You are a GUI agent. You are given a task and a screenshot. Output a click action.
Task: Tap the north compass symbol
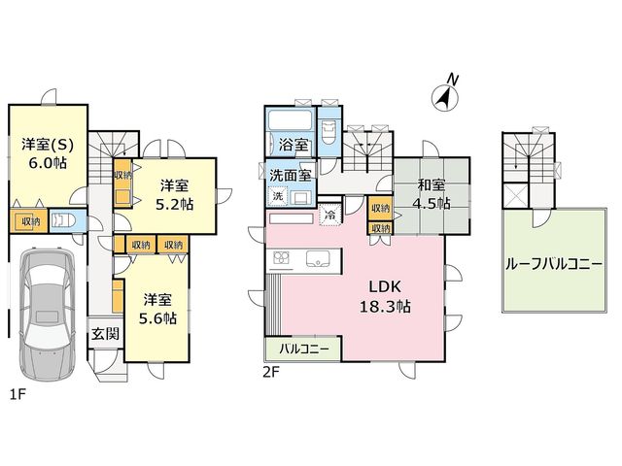point(445,94)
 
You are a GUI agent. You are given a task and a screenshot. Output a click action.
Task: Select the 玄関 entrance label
point(106,334)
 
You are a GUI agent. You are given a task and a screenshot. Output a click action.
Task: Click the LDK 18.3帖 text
point(385,296)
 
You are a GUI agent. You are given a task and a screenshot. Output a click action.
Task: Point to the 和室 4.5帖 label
point(432,194)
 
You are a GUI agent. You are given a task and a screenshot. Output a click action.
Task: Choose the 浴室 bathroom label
point(294,145)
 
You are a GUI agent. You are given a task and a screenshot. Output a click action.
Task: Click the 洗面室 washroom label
point(291,175)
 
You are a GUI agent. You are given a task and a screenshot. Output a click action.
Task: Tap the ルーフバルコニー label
point(554,264)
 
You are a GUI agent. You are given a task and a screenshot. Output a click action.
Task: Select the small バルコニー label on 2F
point(304,349)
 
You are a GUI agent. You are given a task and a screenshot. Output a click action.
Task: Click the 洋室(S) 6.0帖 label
point(48,153)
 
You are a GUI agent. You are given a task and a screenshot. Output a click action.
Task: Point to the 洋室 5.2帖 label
point(175,194)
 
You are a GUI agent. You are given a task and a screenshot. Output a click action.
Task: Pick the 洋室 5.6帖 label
point(157,309)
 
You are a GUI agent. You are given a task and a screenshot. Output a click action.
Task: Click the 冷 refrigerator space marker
point(329,215)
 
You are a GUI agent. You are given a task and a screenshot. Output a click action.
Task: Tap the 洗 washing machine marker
point(278,196)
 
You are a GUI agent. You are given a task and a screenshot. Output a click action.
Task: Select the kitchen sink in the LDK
point(318,259)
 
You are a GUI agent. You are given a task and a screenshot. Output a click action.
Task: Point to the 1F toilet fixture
point(61,220)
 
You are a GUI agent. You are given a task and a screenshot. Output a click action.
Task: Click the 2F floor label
point(271,373)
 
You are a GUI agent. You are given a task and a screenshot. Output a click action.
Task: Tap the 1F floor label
point(17,394)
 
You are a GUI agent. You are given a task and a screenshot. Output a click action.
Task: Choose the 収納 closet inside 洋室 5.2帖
point(123,183)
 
